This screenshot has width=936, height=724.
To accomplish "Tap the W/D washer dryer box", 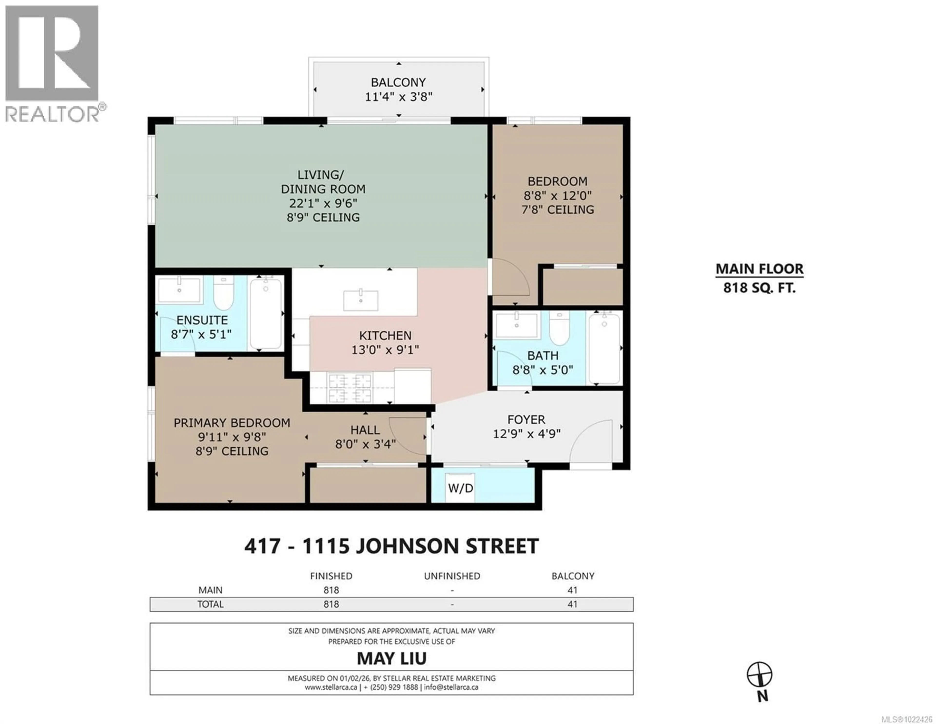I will [x=460, y=488].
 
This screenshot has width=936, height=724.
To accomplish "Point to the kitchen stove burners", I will [x=349, y=388].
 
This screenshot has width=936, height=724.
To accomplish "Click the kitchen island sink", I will [x=361, y=300].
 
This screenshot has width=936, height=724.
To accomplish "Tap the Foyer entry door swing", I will [x=591, y=442].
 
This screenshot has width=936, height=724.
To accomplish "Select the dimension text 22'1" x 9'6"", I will [x=323, y=203].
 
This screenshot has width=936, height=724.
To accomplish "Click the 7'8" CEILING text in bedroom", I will [x=557, y=210].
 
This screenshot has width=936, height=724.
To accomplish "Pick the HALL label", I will [x=365, y=430].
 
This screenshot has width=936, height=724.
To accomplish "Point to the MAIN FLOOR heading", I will [x=760, y=269].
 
